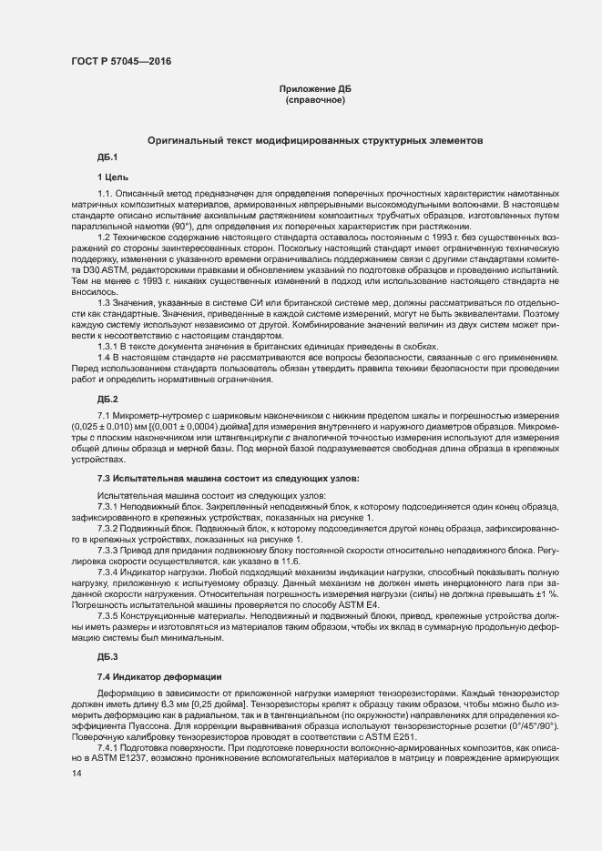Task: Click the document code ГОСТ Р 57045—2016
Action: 120,61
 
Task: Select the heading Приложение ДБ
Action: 315,88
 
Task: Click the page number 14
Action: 77,773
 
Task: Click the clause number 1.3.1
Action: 111,346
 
